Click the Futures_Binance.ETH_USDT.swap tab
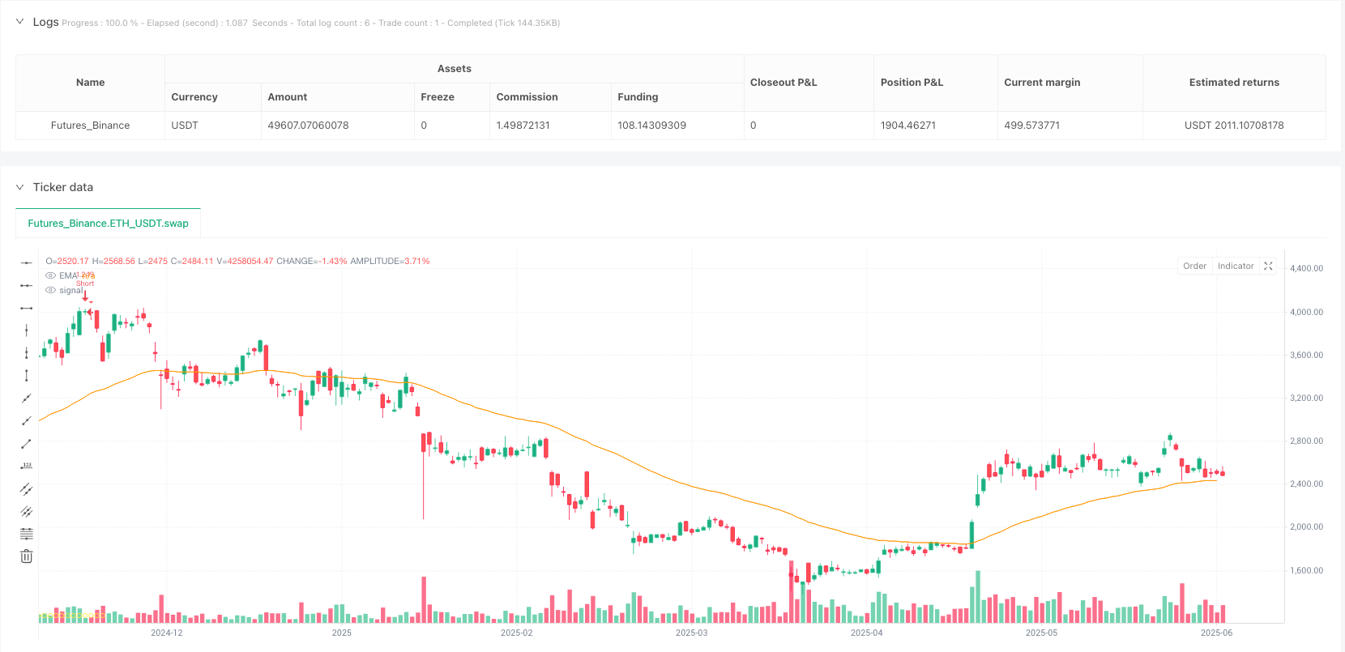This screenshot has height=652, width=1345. [x=108, y=224]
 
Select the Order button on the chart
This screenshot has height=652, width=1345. [x=1194, y=266]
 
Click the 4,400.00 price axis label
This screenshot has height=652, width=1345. [x=1306, y=269]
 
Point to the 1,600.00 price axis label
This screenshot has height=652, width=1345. [x=1306, y=571]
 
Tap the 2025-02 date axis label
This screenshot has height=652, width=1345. [x=516, y=633]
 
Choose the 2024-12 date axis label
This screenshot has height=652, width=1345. [x=167, y=633]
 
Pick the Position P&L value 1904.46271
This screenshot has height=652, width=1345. [x=907, y=126]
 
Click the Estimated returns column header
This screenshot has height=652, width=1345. [x=1233, y=83]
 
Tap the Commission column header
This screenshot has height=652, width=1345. [x=527, y=97]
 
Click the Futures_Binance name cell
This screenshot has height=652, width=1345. [x=90, y=126]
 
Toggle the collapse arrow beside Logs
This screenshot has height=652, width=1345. [x=20, y=22]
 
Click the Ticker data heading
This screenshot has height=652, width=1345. [x=62, y=187]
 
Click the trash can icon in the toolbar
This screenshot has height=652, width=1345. [x=27, y=556]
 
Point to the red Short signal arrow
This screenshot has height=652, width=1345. [x=85, y=296]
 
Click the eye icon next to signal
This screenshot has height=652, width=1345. [x=50, y=290]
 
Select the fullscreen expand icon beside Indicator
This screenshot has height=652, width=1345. [x=1268, y=266]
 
